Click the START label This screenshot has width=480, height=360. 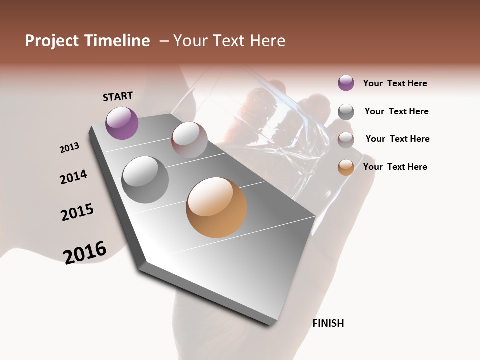click(118, 96)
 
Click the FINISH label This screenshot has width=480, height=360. click(328, 323)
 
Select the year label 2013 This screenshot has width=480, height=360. click(69, 147)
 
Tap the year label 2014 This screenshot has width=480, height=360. click(73, 177)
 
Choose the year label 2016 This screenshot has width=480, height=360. click(85, 252)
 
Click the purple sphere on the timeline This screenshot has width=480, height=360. click(122, 123)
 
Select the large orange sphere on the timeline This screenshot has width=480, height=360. click(216, 207)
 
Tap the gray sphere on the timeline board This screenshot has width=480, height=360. click(145, 179)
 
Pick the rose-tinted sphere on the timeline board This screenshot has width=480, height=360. click(189, 139)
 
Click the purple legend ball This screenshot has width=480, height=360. click(346, 83)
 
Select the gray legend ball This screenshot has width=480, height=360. click(346, 111)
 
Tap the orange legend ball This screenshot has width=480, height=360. click(346, 167)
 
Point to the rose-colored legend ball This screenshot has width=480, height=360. click(346, 139)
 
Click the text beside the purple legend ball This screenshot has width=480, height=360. click(395, 83)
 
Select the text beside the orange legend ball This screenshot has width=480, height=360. click(395, 167)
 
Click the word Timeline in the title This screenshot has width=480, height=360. click(117, 41)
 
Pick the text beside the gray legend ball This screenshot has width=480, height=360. click(396, 111)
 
